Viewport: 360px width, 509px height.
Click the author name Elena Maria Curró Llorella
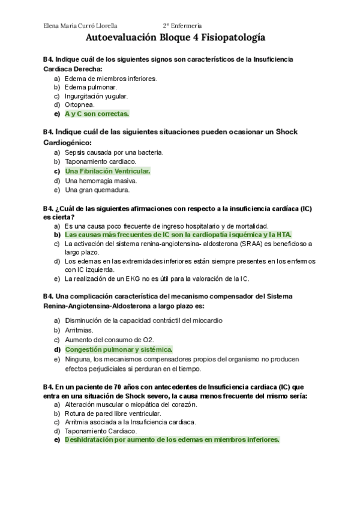(x=80, y=26)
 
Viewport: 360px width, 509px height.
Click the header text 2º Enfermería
(x=182, y=26)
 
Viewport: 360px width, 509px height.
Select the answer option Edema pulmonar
(x=91, y=87)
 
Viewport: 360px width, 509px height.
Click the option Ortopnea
(x=79, y=104)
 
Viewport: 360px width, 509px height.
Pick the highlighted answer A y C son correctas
(x=97, y=113)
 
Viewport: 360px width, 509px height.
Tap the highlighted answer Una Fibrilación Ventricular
(x=107, y=171)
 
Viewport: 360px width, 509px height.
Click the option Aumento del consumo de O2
(x=105, y=340)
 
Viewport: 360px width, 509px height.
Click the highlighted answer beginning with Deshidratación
(x=172, y=439)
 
